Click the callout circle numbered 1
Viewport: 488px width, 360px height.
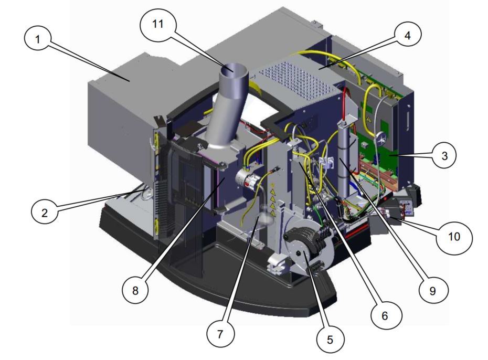(x=38, y=39)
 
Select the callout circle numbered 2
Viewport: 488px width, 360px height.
(x=45, y=213)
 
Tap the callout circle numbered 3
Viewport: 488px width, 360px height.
(x=445, y=155)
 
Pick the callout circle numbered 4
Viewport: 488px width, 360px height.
(x=407, y=36)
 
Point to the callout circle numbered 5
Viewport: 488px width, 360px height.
(x=330, y=340)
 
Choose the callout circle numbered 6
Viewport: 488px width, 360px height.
(x=384, y=315)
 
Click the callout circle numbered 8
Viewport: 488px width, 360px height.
(x=135, y=290)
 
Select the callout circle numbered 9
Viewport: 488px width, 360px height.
(x=432, y=290)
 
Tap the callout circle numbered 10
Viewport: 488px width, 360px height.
(x=454, y=237)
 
